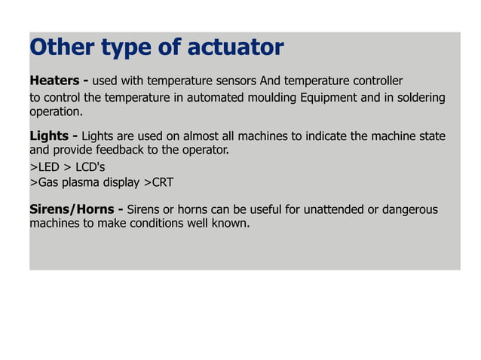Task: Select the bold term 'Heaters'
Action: (x=53, y=81)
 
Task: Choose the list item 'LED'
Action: (x=48, y=166)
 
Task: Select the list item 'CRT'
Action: (x=162, y=182)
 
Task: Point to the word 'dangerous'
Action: (x=409, y=209)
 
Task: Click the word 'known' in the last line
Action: (x=228, y=223)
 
